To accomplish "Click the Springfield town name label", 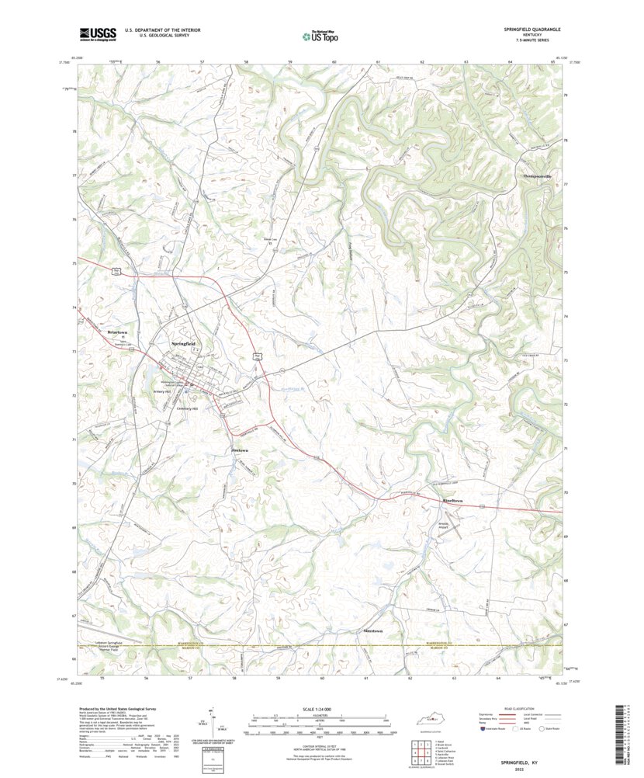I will (x=182, y=343).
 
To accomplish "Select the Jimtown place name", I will (x=240, y=450).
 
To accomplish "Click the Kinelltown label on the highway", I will (x=452, y=501).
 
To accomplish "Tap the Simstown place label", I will (x=372, y=631).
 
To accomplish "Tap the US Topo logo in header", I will (x=319, y=35).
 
